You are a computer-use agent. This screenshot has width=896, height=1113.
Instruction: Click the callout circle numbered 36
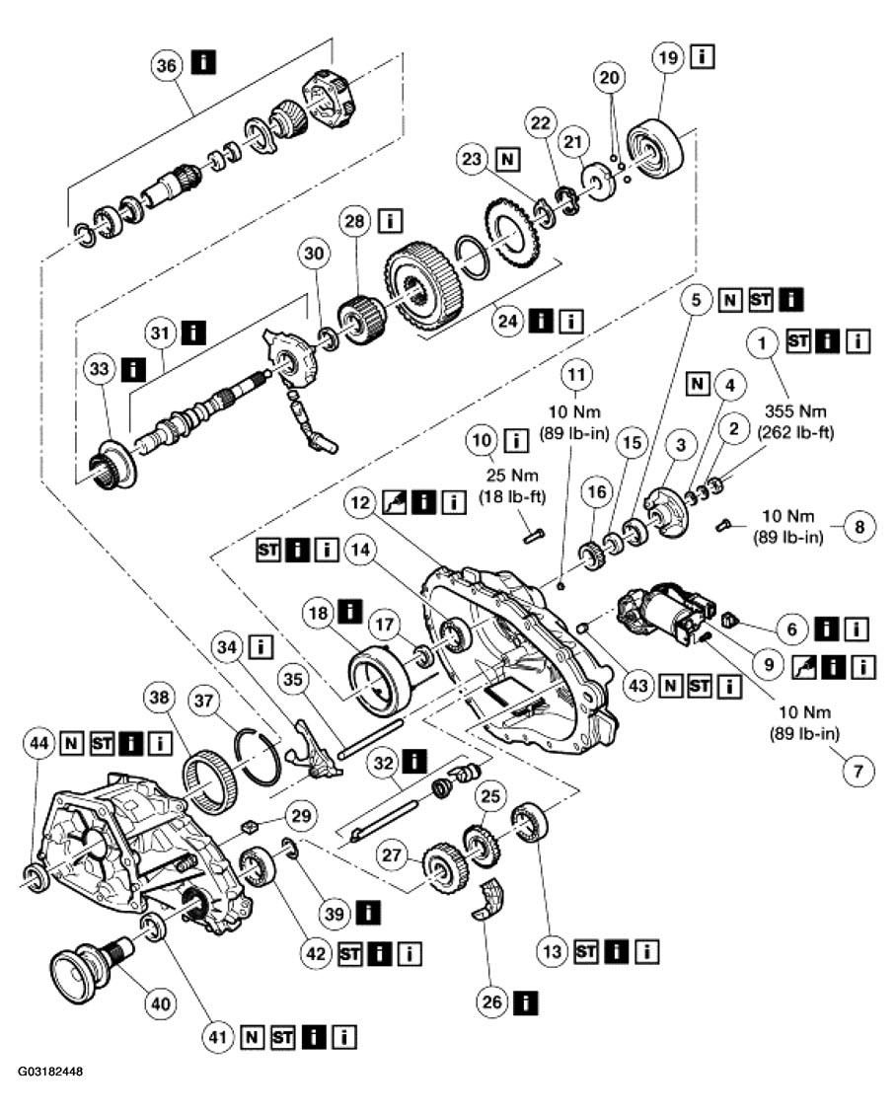click(167, 65)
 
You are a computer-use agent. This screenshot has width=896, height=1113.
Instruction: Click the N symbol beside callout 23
click(507, 159)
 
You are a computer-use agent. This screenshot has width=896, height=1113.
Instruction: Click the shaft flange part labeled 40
click(85, 960)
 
